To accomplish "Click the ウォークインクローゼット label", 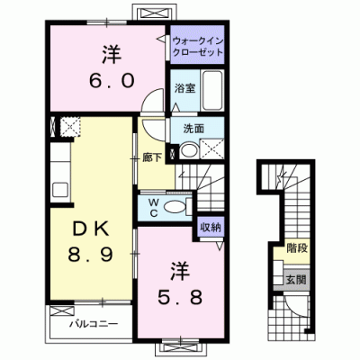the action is pos(198,46).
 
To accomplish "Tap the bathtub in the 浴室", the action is pos(212,91).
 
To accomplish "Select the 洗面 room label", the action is pos(193,129).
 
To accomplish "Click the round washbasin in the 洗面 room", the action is pos(189,150).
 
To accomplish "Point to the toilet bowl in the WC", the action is pos(175,207).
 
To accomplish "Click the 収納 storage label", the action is pos(211,227).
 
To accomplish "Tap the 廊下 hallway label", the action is pos(152,157).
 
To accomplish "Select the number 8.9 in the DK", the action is pos(90,255).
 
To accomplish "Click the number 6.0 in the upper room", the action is pos(112,81).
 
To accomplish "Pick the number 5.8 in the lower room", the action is pos(180,297).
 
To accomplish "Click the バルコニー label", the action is pos(94,324).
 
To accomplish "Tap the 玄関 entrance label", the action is pos(296,280).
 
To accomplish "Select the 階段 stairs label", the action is pos(297,248).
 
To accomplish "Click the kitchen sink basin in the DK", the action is pos(60,190).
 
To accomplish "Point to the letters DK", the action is pos(90,230).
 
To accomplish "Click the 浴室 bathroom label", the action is pos(184,88).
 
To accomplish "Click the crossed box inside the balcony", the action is pos(62,310).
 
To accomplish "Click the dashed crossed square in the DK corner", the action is pos(70,127).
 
